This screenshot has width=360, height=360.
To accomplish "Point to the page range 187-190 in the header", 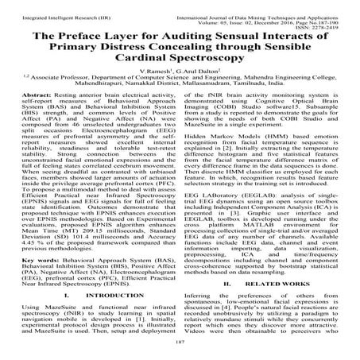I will pyautogui.click(x=334, y=14).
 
